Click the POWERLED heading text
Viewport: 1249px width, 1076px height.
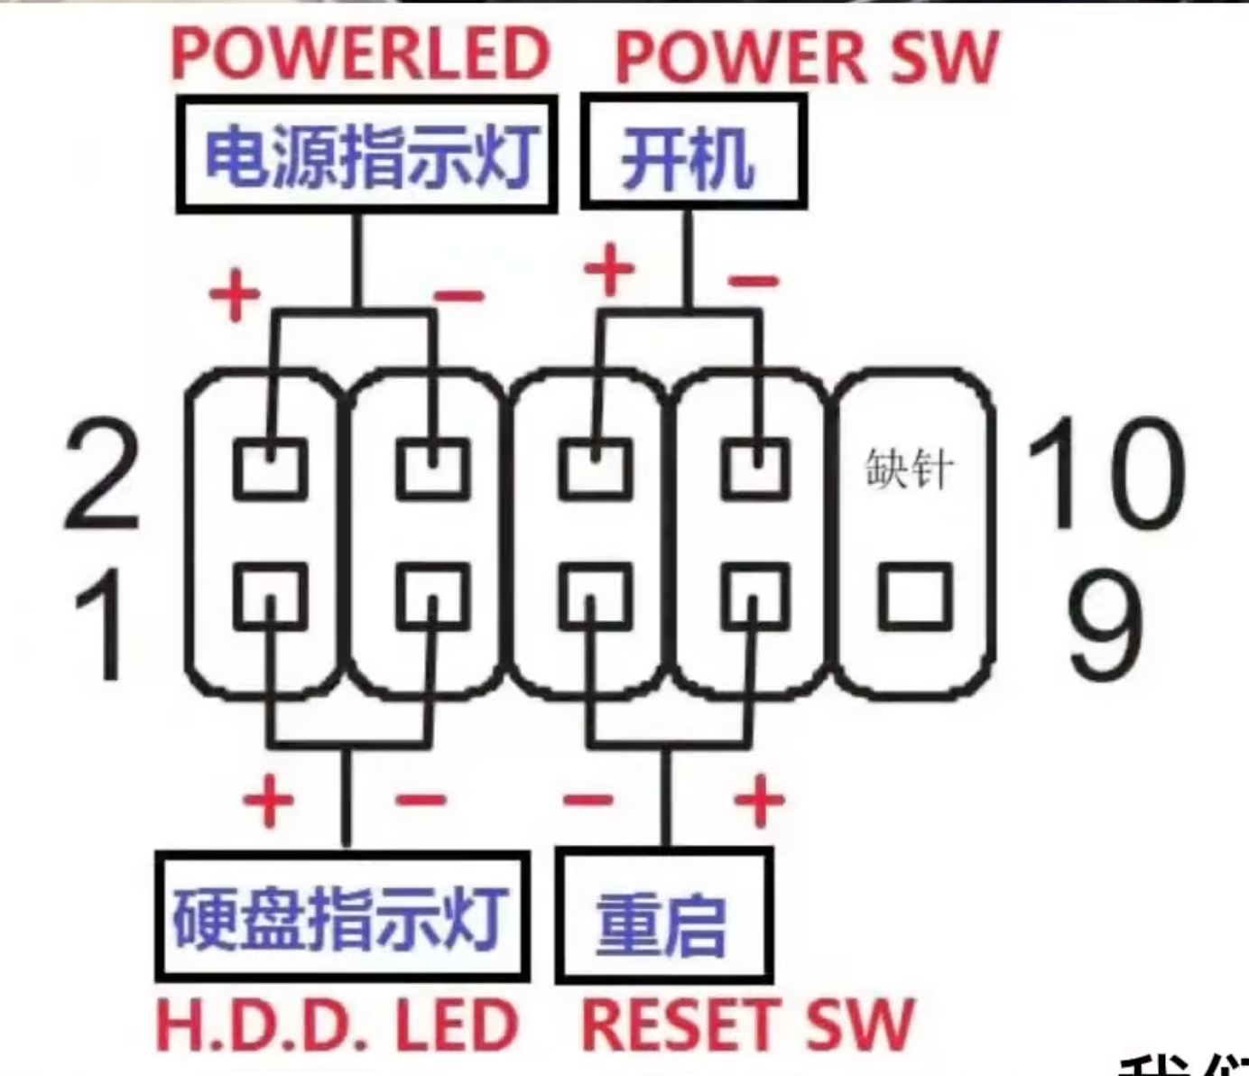361,54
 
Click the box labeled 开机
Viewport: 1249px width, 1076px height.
692,154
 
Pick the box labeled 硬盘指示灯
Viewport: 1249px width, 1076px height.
342,917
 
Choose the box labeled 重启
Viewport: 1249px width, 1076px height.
664,917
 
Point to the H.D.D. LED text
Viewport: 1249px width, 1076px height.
337,1025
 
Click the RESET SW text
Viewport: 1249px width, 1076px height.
747,1025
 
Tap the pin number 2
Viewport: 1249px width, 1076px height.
101,474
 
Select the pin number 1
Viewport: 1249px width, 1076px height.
99,624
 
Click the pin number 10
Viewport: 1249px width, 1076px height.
1105,474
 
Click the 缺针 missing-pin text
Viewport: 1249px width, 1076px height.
909,468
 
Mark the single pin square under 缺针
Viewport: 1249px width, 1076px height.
915,597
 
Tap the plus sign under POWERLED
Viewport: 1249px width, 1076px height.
235,294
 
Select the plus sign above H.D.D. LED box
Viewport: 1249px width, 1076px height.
268,800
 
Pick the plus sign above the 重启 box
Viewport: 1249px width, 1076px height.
759,800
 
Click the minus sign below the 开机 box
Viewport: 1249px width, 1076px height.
754,281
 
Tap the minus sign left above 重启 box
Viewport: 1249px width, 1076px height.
587,800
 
